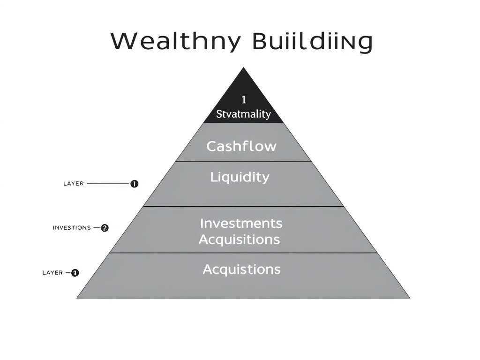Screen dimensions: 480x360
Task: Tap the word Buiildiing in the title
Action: pos(312,42)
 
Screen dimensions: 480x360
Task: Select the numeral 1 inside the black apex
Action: pos(243,99)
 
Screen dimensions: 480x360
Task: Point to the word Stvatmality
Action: pos(243,114)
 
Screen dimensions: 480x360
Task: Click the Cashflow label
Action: pos(241,146)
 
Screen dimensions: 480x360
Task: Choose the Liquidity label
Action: pos(240,177)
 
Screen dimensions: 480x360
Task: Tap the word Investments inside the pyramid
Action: pos(241,223)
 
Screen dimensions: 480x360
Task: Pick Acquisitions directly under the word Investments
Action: pos(239,240)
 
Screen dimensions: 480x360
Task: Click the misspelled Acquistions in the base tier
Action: pos(241,270)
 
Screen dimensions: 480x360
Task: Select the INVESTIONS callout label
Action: pos(72,228)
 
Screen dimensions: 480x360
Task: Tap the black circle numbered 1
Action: pos(134,184)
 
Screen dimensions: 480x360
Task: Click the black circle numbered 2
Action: pos(105,228)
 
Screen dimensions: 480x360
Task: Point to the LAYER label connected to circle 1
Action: pos(74,184)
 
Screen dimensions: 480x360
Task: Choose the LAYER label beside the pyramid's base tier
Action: pos(52,273)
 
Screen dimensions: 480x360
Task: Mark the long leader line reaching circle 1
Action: pos(108,184)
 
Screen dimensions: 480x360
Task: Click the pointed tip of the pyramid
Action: pos(243,68)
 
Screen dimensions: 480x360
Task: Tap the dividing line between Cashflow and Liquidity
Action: pos(243,161)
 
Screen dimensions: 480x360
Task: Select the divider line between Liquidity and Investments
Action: pos(243,206)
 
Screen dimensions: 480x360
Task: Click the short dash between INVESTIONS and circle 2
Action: pos(97,228)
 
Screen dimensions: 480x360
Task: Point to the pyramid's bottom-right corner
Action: pos(409,297)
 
